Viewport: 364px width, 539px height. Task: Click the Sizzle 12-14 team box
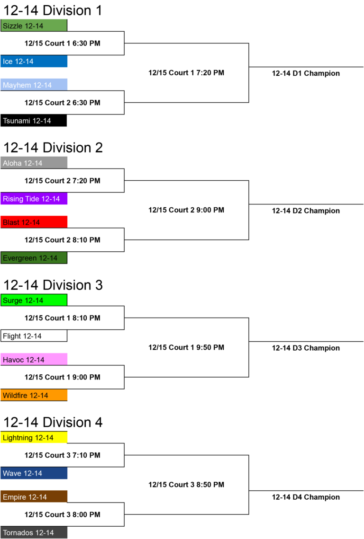(34, 26)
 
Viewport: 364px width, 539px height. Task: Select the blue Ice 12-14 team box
(34, 61)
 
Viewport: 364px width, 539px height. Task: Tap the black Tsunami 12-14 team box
(34, 121)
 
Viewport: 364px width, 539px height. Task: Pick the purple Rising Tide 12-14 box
(34, 199)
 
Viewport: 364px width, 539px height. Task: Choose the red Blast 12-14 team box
(34, 222)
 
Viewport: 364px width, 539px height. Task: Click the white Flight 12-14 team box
(34, 336)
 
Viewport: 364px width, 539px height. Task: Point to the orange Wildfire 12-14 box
(34, 395)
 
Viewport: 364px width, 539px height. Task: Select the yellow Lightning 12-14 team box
(34, 438)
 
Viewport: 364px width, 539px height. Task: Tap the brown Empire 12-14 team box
(34, 497)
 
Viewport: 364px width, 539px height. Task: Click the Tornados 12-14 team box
(34, 532)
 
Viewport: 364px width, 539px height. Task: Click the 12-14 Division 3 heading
(53, 285)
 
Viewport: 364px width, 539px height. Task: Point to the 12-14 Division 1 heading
(53, 10)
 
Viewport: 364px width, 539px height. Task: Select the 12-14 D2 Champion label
(306, 211)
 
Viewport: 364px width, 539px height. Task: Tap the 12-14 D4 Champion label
(306, 497)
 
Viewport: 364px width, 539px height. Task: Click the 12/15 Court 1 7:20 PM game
(186, 72)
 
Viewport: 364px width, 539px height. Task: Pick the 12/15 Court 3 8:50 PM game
(186, 485)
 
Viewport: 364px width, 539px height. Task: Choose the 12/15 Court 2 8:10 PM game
(63, 240)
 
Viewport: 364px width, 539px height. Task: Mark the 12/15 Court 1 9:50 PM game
(186, 347)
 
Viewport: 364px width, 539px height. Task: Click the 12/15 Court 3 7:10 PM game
(63, 455)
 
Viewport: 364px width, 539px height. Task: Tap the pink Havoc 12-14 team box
(34, 360)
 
